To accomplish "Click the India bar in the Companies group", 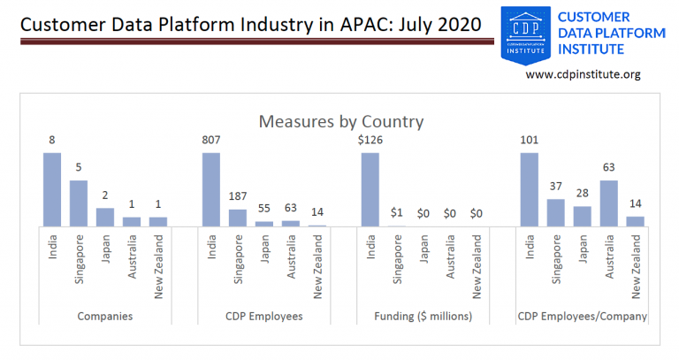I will pyautogui.click(x=52, y=189).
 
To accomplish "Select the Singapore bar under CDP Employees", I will pyautogui.click(x=238, y=218).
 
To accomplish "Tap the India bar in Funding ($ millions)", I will pyautogui.click(x=370, y=189).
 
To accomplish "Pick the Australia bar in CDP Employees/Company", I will pyautogui.click(x=609, y=203).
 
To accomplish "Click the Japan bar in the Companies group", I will pyautogui.click(x=105, y=217).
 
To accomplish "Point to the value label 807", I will pyautogui.click(x=211, y=140).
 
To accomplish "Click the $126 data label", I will pyautogui.click(x=370, y=140).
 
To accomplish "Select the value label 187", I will pyautogui.click(x=238, y=196).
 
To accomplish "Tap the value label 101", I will pyautogui.click(x=530, y=140).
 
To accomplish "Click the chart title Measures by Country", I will pyautogui.click(x=340, y=121).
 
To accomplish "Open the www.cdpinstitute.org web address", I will pyautogui.click(x=583, y=75).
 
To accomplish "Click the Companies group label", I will pyautogui.click(x=105, y=316).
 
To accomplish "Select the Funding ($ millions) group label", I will pyautogui.click(x=423, y=316).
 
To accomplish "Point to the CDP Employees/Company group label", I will pyautogui.click(x=583, y=316).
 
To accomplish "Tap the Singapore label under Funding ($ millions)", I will pyautogui.click(x=397, y=259).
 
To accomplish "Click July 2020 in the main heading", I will pyautogui.click(x=445, y=25).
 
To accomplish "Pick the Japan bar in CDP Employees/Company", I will pyautogui.click(x=583, y=217).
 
